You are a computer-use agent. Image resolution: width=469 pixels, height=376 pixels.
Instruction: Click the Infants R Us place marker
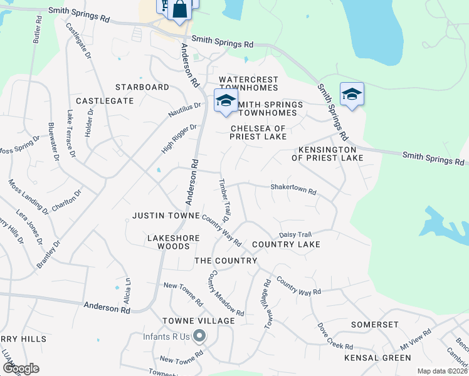click(199, 337)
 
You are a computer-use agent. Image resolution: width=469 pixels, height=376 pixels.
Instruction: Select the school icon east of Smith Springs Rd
click(352, 95)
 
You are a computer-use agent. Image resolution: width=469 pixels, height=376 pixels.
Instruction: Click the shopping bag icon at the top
click(179, 10)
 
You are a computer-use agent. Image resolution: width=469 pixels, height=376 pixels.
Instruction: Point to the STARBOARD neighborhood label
click(142, 87)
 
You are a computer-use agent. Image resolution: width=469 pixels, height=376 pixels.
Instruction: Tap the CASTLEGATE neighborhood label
click(105, 100)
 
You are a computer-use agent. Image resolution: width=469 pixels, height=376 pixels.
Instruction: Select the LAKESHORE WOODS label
click(173, 243)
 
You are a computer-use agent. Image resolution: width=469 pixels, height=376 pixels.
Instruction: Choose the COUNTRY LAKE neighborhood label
click(286, 244)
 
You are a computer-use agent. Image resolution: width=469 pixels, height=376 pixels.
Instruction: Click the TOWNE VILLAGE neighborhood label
click(198, 321)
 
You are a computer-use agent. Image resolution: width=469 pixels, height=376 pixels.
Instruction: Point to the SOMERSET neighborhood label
click(374, 325)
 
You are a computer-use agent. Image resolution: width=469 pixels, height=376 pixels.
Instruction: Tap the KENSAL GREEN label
click(377, 358)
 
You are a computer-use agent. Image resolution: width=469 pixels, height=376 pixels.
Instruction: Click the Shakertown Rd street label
click(293, 188)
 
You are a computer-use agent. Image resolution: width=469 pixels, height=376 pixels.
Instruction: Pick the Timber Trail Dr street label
click(223, 201)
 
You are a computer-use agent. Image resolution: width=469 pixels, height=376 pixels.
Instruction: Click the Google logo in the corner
click(21, 368)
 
